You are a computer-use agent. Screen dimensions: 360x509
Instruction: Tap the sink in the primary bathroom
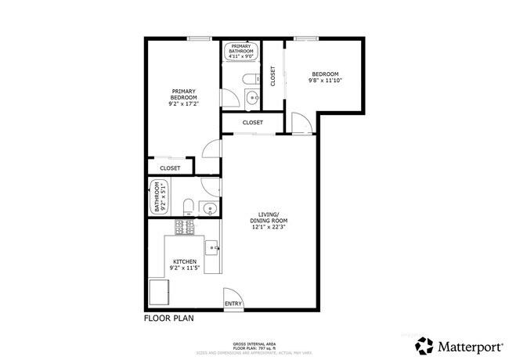[251, 99]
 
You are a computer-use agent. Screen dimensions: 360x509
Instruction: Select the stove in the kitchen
[185, 228]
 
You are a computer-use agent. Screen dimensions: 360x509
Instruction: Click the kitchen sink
[211, 248]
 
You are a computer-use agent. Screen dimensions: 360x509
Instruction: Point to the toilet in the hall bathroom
[189, 207]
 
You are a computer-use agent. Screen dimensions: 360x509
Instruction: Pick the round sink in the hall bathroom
[209, 207]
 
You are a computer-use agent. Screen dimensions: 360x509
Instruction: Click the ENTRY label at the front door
[233, 304]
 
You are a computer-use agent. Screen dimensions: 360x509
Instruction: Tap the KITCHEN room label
[184, 261]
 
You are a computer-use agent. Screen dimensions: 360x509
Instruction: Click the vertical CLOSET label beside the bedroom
[273, 75]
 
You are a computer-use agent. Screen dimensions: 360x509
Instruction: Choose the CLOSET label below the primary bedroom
[170, 168]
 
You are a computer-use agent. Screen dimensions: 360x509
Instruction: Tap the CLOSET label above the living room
[252, 123]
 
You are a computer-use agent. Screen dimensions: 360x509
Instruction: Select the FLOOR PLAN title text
[168, 319]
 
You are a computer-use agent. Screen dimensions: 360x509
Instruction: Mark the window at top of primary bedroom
[200, 38]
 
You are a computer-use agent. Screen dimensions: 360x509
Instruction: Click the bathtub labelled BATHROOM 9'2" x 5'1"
[158, 198]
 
